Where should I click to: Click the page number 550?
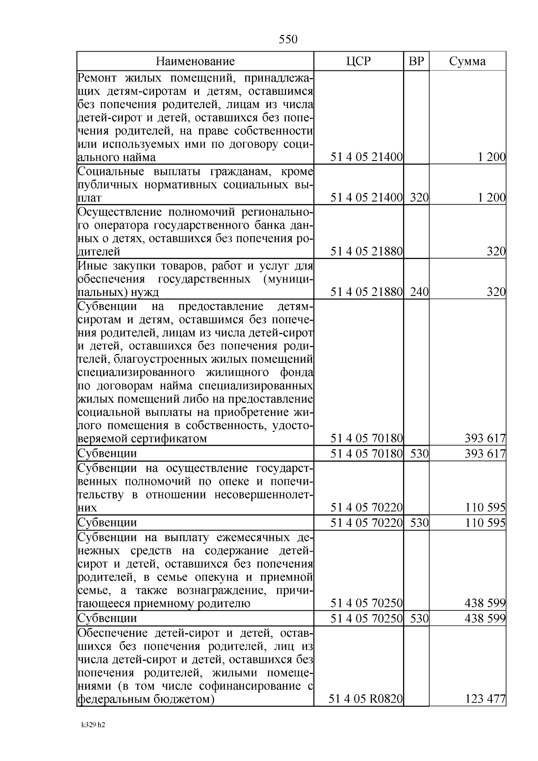click(288, 39)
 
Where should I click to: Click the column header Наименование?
click(195, 61)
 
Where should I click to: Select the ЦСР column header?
click(359, 61)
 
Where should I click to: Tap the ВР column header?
click(417, 61)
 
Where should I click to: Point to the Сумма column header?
click(467, 61)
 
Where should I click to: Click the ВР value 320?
click(419, 198)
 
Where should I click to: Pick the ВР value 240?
click(419, 292)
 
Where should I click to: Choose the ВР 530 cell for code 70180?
click(419, 454)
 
